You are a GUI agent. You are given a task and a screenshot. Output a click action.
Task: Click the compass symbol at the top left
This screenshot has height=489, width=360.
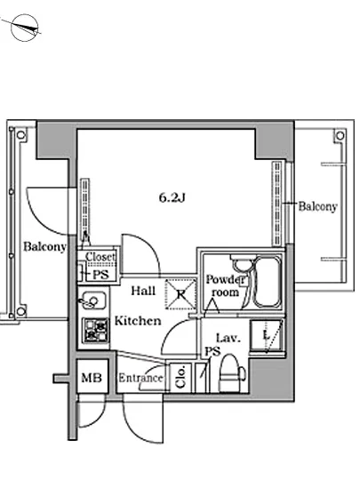pyautogui.click(x=24, y=28)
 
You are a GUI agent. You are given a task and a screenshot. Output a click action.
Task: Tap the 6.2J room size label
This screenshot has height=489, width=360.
pyautogui.click(x=172, y=197)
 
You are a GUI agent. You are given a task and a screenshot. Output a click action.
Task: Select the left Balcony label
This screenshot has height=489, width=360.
pyautogui.click(x=44, y=246)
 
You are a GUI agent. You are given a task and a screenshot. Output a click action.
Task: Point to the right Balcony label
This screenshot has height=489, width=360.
pyautogui.click(x=317, y=206)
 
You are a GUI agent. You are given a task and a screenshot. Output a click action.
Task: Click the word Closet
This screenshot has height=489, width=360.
pyautogui.click(x=100, y=257)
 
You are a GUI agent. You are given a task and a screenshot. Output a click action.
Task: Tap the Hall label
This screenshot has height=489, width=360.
pyautogui.click(x=143, y=291)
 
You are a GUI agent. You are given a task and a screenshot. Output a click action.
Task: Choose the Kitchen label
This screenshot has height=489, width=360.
pyautogui.click(x=138, y=321)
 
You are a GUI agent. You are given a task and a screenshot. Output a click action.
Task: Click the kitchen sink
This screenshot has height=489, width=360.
pyautogui.click(x=93, y=301)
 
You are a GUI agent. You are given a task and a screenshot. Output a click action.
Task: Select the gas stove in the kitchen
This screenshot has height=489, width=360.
pyautogui.click(x=95, y=329)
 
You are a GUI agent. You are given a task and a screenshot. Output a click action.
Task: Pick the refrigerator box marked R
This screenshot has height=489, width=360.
pyautogui.click(x=180, y=294)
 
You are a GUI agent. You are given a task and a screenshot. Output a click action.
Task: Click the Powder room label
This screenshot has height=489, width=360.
pyautogui.click(x=225, y=285)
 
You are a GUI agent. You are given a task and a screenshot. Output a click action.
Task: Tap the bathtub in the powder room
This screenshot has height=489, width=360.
pyautogui.click(x=268, y=282)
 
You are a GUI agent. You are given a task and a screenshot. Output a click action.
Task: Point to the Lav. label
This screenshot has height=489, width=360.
pyautogui.click(x=228, y=338)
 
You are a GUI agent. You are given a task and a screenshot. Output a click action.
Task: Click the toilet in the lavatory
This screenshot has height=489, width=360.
pyautogui.click(x=231, y=373)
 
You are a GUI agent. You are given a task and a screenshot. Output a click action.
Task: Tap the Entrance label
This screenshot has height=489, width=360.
pyautogui.click(x=140, y=378)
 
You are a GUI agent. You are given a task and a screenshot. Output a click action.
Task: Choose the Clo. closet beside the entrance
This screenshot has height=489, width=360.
pyautogui.click(x=180, y=377)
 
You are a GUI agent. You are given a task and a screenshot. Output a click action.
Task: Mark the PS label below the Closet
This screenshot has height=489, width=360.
pyautogui.click(x=101, y=275)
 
